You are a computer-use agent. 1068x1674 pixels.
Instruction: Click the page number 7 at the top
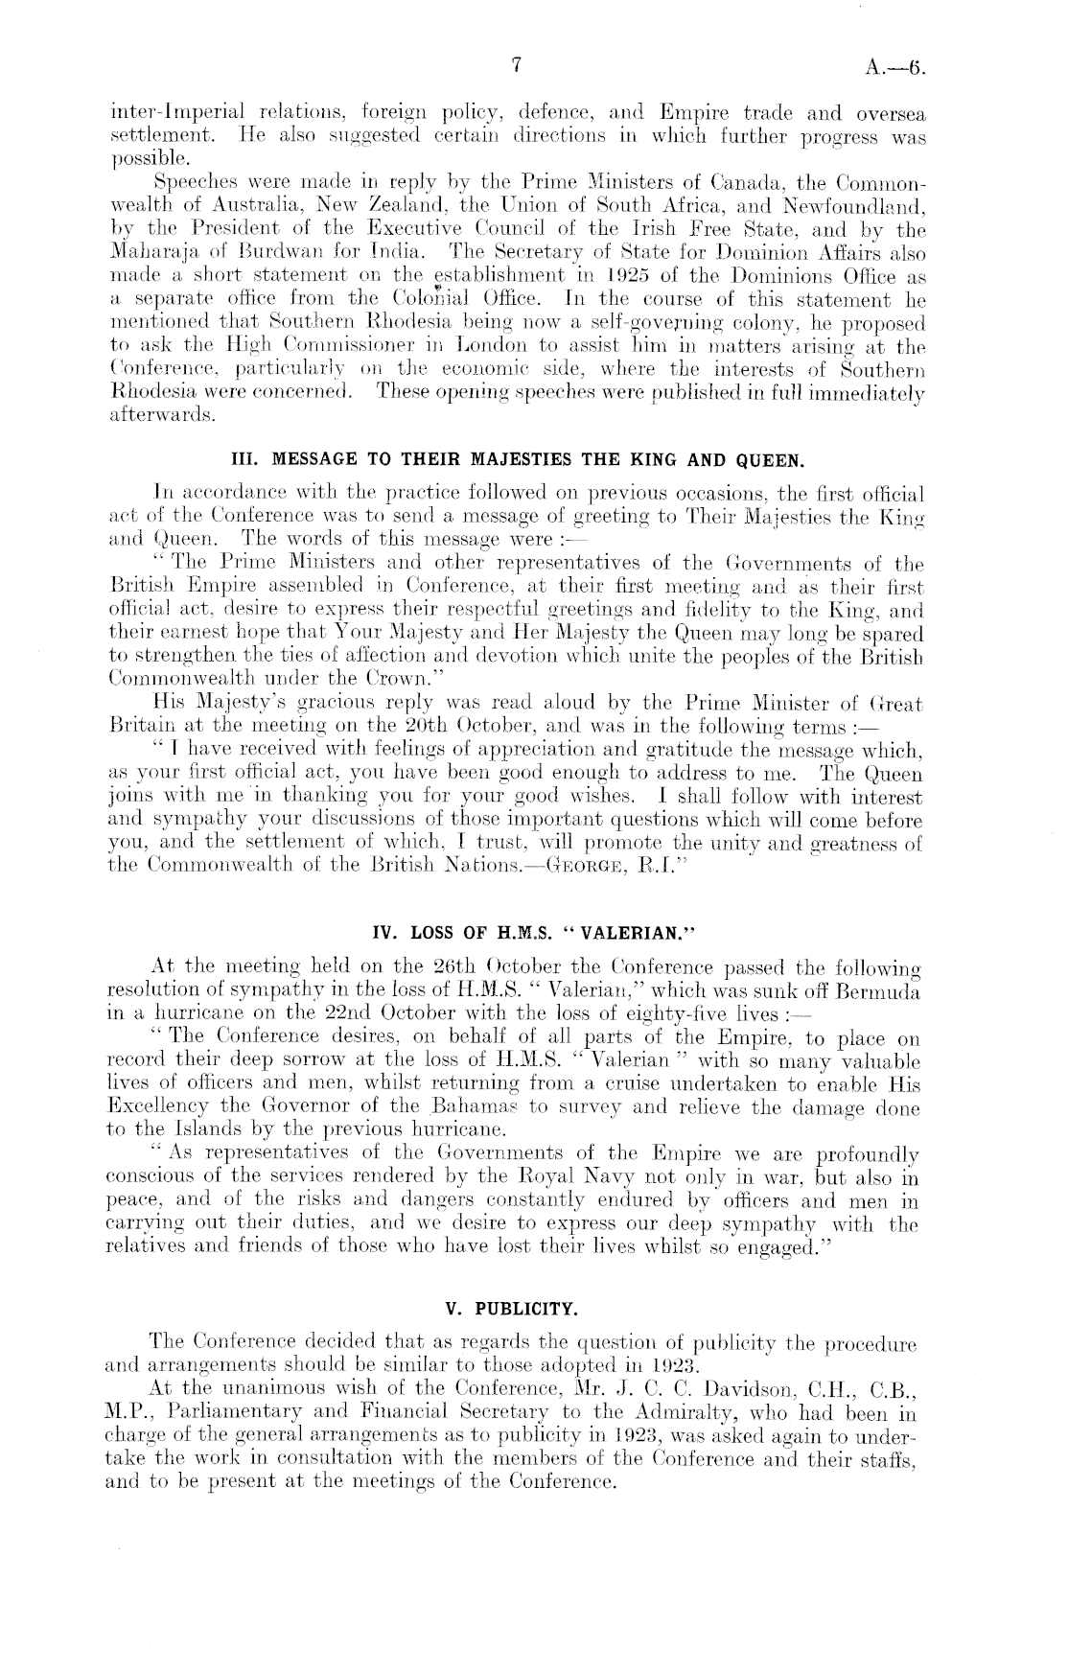516,65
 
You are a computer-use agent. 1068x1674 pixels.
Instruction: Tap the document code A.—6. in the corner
896,67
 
